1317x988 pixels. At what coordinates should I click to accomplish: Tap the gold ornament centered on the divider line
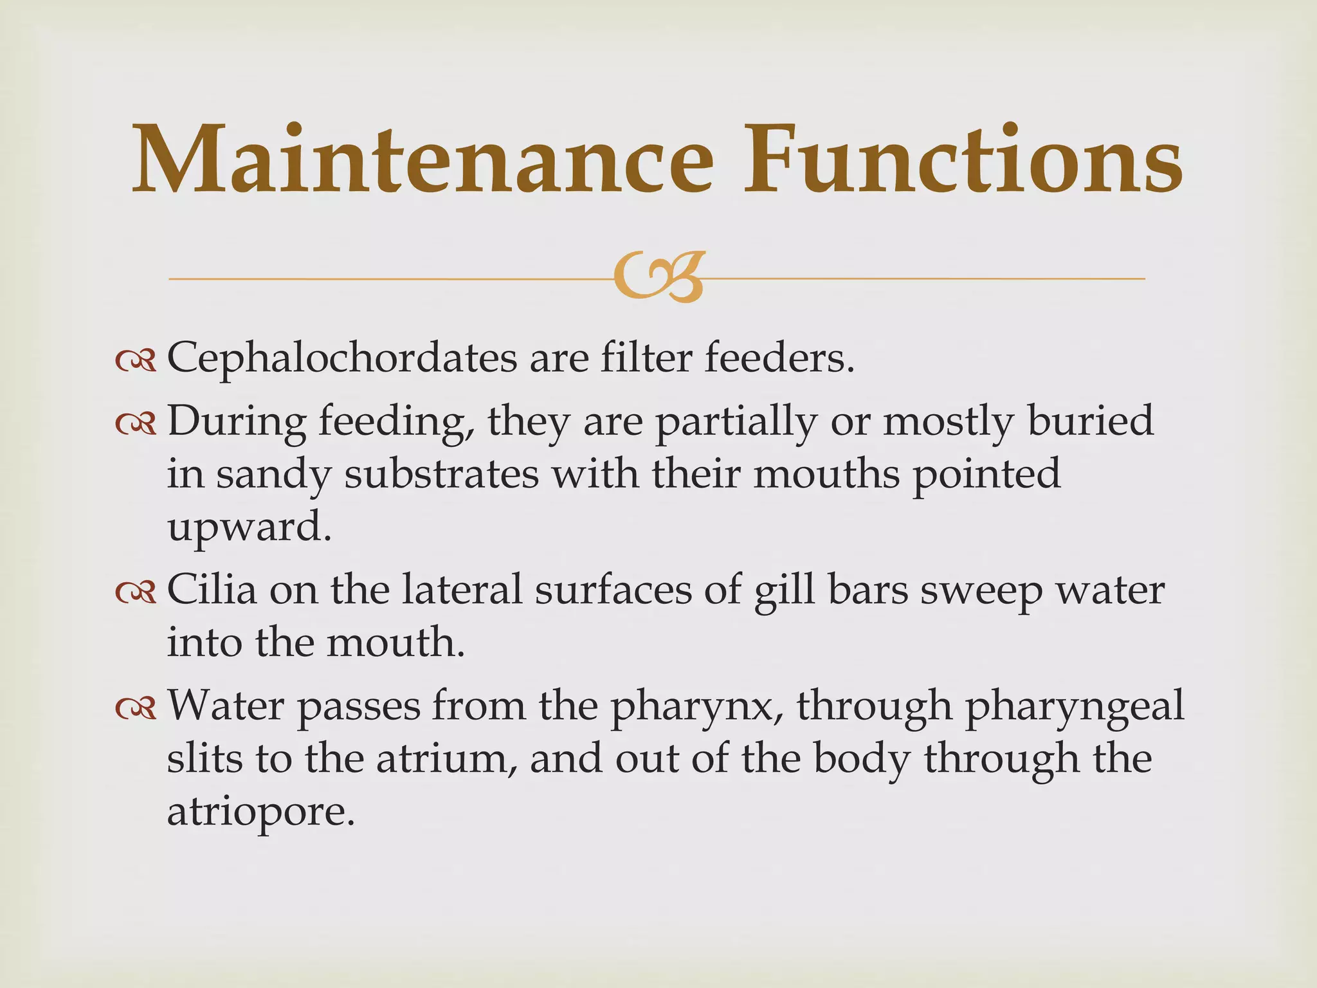click(x=659, y=277)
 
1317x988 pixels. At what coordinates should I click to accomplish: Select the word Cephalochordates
click(x=341, y=359)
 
